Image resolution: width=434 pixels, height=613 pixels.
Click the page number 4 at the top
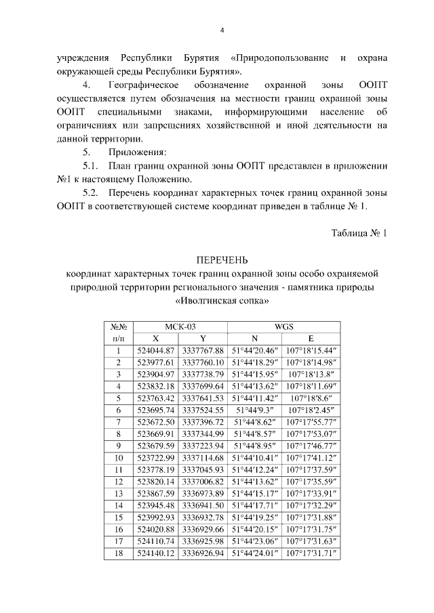[222, 30]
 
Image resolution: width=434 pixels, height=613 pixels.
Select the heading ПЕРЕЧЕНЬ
[222, 260]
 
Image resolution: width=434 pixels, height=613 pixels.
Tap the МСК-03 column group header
[180, 326]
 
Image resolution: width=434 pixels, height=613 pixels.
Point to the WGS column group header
[283, 326]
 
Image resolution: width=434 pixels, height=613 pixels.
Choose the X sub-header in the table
[156, 338]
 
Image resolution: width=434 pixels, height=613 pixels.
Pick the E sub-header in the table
[311, 338]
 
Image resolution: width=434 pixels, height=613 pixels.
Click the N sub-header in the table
[254, 338]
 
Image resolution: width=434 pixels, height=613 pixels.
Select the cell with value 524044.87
[156, 350]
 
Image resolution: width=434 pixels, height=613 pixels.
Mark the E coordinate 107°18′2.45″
[311, 410]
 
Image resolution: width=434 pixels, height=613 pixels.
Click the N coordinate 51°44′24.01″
[255, 553]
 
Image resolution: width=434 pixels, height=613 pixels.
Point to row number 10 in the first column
[118, 458]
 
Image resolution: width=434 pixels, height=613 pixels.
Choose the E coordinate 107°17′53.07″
[311, 434]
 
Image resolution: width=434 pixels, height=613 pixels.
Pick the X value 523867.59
[156, 494]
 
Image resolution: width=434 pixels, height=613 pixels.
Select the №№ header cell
[118, 326]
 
